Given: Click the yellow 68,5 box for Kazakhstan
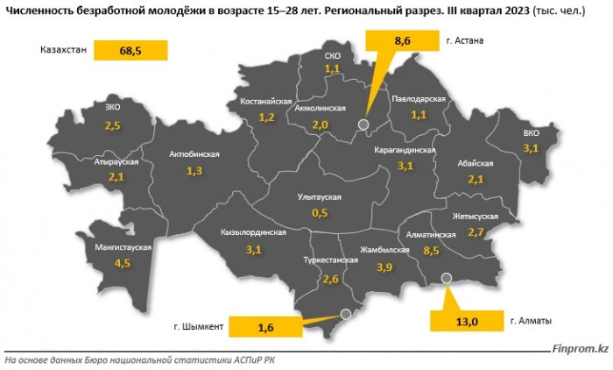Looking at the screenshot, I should [130, 52].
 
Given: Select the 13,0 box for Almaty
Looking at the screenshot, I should [465, 322].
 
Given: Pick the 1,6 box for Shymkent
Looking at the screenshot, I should [266, 327].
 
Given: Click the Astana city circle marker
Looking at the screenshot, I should [363, 125].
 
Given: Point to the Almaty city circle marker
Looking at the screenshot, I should [446, 278].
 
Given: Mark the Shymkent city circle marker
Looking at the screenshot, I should [344, 312].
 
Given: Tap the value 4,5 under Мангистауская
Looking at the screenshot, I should [123, 262].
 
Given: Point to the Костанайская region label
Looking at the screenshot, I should [267, 103].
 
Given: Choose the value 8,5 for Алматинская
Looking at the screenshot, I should [430, 250].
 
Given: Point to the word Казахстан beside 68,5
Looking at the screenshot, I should [63, 51].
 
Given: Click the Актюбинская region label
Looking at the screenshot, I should [194, 154].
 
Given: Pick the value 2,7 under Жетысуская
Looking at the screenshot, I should [476, 231].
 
